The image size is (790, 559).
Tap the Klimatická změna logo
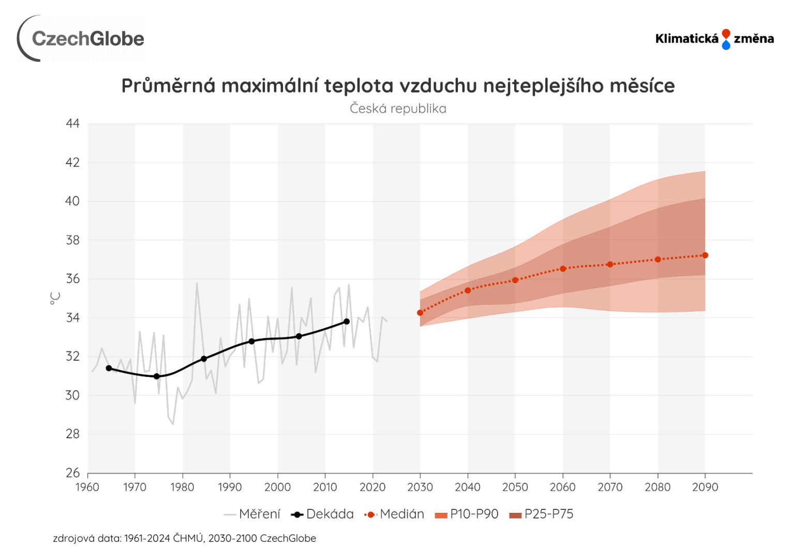pyautogui.click(x=714, y=39)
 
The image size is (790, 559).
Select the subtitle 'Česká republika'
pyautogui.click(x=398, y=109)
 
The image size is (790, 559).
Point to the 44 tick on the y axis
pyautogui.click(x=73, y=124)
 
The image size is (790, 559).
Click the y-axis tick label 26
pyautogui.click(x=73, y=473)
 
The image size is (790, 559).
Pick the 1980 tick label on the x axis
pyautogui.click(x=182, y=487)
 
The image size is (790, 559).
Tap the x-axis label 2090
pyautogui.click(x=705, y=487)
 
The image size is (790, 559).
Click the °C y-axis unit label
pyautogui.click(x=55, y=298)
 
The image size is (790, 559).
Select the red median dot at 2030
pyautogui.click(x=420, y=313)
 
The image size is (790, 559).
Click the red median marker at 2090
pyautogui.click(x=705, y=255)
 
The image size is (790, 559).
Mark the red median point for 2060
pyautogui.click(x=563, y=269)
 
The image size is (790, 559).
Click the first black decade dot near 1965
pyautogui.click(x=109, y=368)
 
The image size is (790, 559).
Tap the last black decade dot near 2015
pyautogui.click(x=347, y=321)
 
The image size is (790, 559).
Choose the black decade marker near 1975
pyautogui.click(x=156, y=376)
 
